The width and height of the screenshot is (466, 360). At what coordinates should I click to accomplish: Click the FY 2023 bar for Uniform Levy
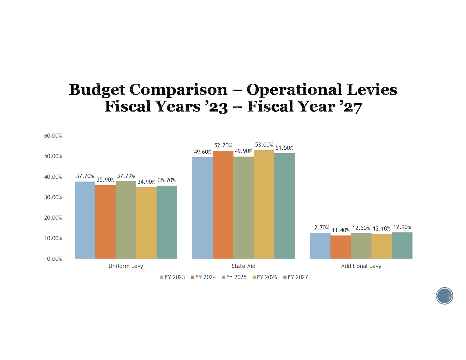[85, 220]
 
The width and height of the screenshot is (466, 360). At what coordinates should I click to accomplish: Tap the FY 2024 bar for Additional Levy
[341, 247]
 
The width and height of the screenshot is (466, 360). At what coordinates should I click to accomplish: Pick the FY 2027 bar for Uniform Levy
[167, 222]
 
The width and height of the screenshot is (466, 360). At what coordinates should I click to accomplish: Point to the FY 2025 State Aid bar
[243, 207]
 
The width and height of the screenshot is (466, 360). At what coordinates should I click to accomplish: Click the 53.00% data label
[264, 145]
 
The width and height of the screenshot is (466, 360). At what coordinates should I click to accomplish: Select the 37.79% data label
[126, 176]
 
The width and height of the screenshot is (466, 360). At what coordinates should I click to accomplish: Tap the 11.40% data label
[341, 230]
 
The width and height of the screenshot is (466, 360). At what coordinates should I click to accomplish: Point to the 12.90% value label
[402, 227]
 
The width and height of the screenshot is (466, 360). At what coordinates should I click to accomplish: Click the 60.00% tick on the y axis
[53, 136]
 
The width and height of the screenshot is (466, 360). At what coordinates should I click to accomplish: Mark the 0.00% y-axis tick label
[54, 259]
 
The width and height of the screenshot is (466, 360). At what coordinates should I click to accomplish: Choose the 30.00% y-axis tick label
[53, 197]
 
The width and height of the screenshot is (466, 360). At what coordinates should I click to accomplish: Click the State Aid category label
[243, 266]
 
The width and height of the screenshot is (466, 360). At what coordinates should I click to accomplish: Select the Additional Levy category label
[361, 266]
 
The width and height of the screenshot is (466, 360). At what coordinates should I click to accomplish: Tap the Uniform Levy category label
[126, 266]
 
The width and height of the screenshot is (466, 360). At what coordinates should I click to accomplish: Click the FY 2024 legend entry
[203, 277]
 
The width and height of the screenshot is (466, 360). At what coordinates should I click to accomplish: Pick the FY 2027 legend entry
[296, 277]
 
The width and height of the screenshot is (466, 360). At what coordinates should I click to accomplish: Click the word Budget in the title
[97, 90]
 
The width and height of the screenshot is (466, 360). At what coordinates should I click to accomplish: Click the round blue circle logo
[444, 296]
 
